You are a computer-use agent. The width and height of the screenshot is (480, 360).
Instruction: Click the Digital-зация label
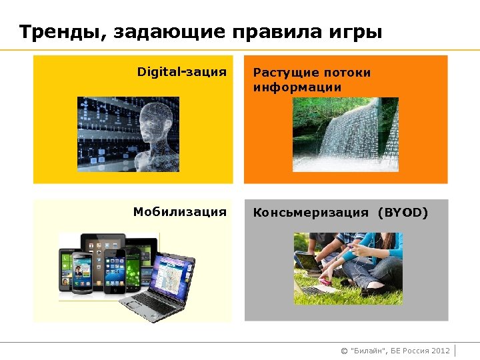181,71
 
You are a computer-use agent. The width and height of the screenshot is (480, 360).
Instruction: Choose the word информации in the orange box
297,87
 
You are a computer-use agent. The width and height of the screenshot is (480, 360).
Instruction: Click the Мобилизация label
179,212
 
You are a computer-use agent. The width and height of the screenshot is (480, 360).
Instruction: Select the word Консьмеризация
311,213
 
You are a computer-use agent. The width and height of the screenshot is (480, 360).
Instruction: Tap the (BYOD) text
403,213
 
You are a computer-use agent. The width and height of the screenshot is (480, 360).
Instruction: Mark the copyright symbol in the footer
344,351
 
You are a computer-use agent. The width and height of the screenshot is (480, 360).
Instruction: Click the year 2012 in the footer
441,351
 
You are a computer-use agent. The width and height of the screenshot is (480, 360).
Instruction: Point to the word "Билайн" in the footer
369,351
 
